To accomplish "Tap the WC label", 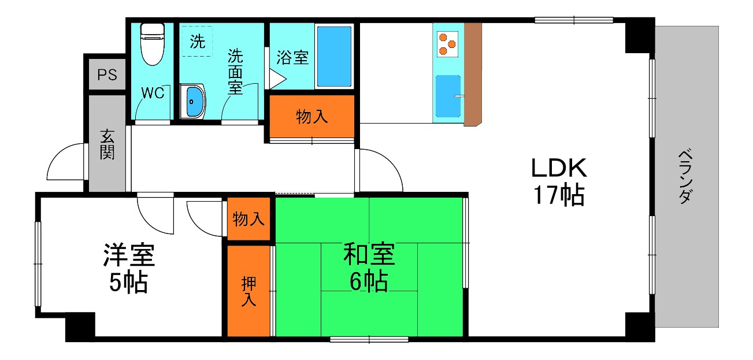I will pos(153,93).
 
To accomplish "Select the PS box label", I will pos(107,75).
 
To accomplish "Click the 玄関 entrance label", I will pos(107,144).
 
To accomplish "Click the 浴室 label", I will pos(292,58).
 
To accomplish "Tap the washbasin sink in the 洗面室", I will pos(192,102).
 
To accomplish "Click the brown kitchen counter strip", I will pos(472,74).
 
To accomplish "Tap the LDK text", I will pos(559,168).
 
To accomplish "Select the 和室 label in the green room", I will pos(369,254).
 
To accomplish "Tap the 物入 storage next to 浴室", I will pos(312,117).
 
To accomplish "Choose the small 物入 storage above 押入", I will pos(249,219).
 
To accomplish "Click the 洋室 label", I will pos(129,255).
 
